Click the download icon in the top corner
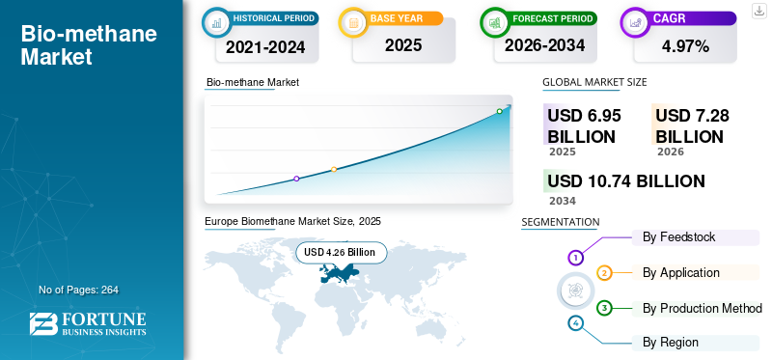click(x=758, y=11)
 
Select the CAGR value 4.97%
click(x=685, y=46)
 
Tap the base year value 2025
click(x=403, y=45)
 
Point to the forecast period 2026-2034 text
click(x=544, y=45)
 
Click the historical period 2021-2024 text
click(x=265, y=46)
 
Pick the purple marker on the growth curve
click(x=296, y=179)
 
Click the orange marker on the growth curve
click(x=334, y=170)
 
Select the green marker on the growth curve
click(x=499, y=111)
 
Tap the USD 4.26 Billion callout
click(x=341, y=253)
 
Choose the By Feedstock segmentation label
click(x=679, y=237)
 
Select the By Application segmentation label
click(x=681, y=273)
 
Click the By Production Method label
click(x=703, y=308)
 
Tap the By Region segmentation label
click(x=670, y=343)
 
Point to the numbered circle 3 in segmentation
click(x=604, y=308)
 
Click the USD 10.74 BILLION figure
click(x=626, y=181)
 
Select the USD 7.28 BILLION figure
click(x=692, y=126)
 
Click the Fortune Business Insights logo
click(x=88, y=324)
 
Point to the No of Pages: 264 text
click(x=78, y=290)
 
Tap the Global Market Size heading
click(x=594, y=82)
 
